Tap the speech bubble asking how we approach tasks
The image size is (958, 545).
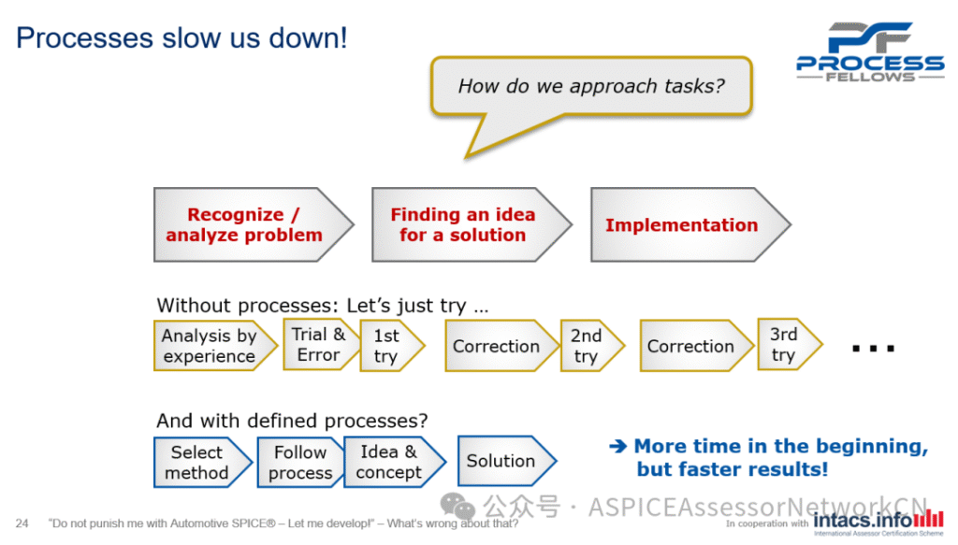(x=591, y=87)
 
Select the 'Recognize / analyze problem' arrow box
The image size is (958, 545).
(x=245, y=225)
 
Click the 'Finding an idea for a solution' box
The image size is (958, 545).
(x=463, y=225)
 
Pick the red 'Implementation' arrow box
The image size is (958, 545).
(x=682, y=225)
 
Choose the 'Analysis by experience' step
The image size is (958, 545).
(x=210, y=346)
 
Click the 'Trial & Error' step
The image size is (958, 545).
(x=319, y=345)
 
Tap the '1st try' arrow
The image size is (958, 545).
(x=387, y=346)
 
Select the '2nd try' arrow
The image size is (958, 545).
(x=588, y=346)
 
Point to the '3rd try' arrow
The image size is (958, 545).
(x=785, y=345)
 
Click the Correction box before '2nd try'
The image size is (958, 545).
(x=497, y=346)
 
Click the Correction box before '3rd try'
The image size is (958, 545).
(x=691, y=346)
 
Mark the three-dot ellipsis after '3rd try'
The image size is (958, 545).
(x=874, y=349)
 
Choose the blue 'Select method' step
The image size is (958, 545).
(x=197, y=462)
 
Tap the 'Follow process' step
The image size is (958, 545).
(x=299, y=462)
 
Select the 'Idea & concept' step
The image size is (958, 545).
(x=389, y=462)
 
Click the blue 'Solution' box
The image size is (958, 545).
(x=501, y=461)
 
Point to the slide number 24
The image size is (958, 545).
(x=22, y=523)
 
